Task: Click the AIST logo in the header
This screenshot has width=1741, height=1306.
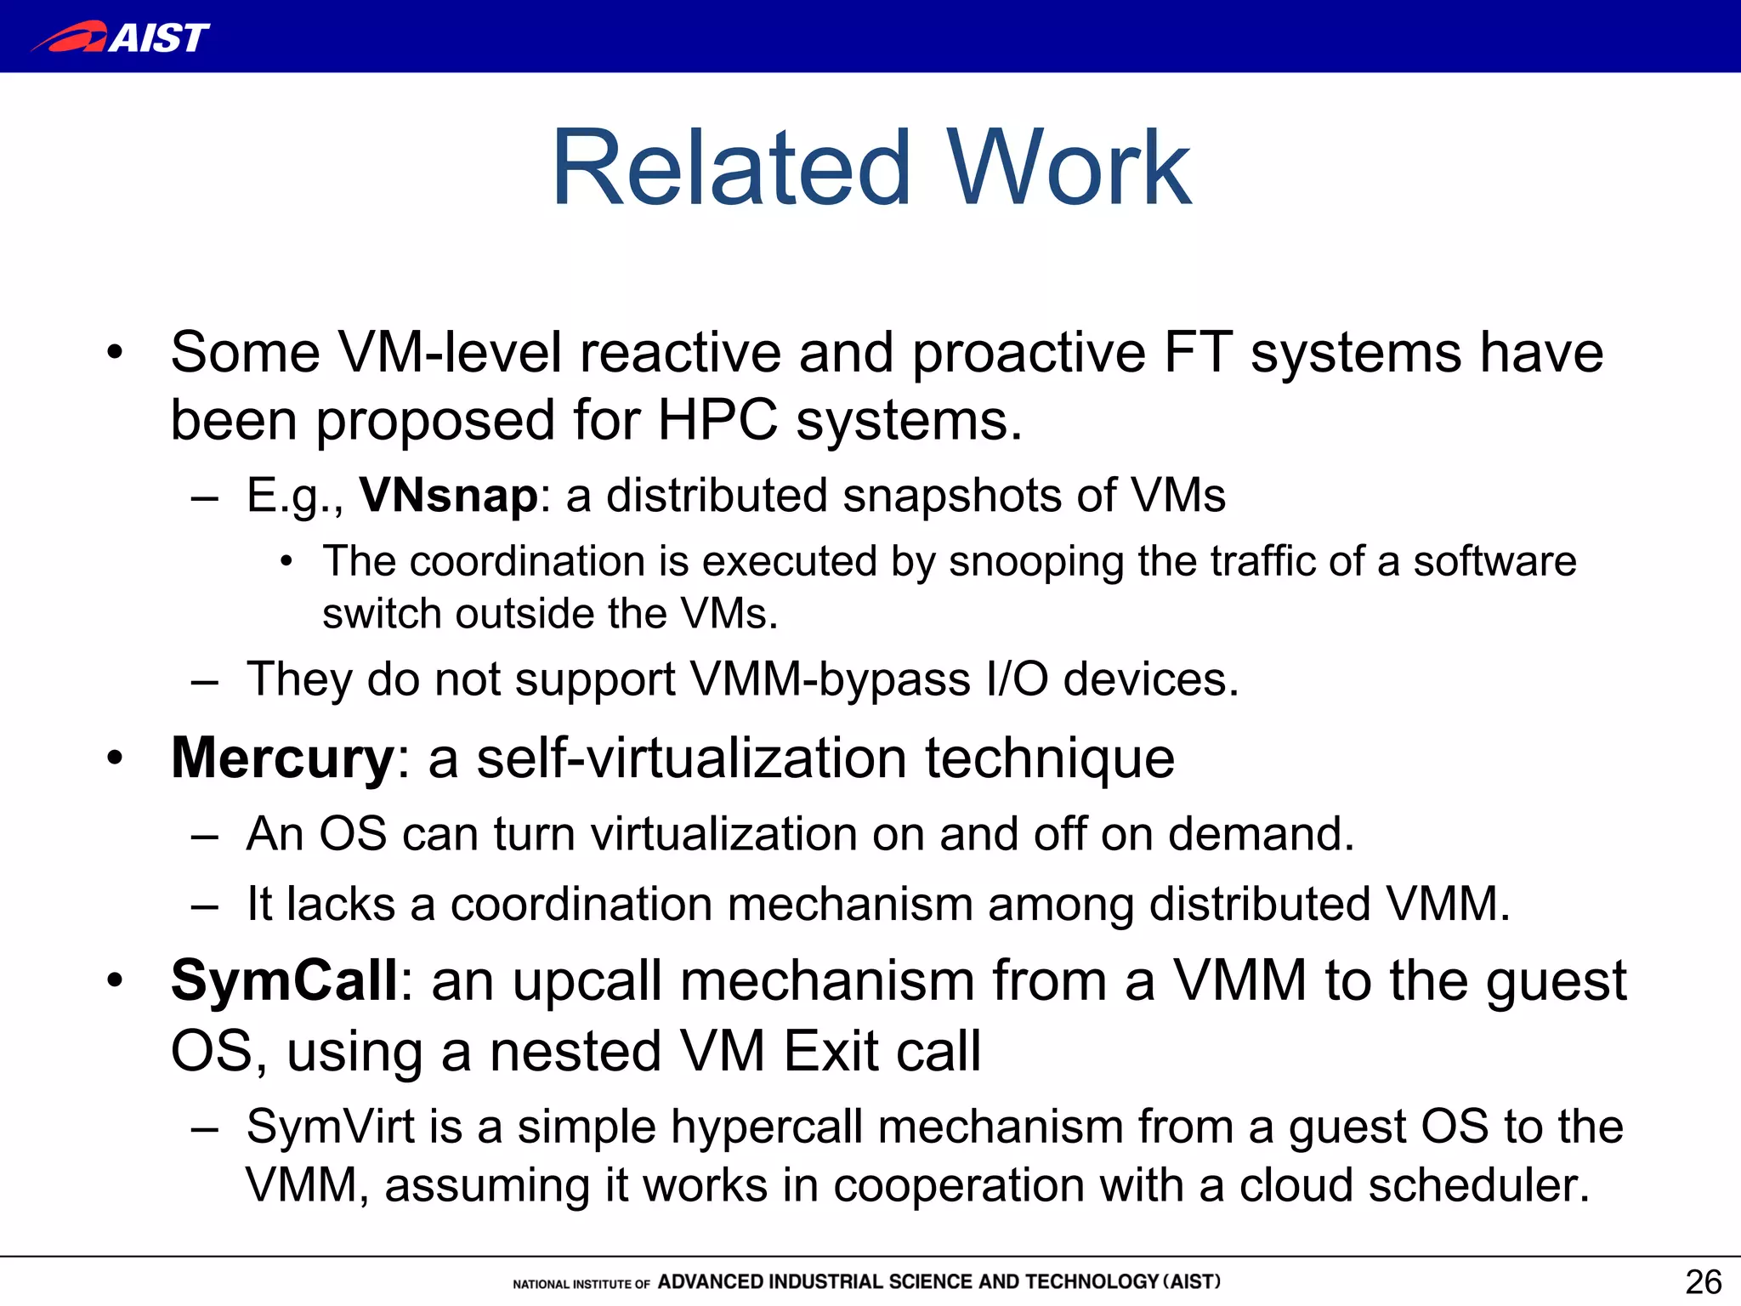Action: tap(121, 37)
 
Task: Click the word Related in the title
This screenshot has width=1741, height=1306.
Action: tap(731, 168)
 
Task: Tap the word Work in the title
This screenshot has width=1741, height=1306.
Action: tap(1069, 168)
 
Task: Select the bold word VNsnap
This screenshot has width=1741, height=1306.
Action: tap(448, 496)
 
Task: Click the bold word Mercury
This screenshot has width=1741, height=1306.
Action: tap(282, 758)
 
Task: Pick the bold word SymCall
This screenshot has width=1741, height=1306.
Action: tap(284, 980)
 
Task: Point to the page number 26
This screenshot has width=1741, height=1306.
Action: tap(1703, 1281)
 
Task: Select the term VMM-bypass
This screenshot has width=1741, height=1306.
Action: tap(830, 679)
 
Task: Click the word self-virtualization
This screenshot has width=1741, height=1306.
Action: tap(691, 758)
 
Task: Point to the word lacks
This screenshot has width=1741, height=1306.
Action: tap(341, 904)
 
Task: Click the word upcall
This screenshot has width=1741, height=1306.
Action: tap(587, 980)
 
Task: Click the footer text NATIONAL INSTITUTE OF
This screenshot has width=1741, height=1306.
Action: tap(581, 1284)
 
